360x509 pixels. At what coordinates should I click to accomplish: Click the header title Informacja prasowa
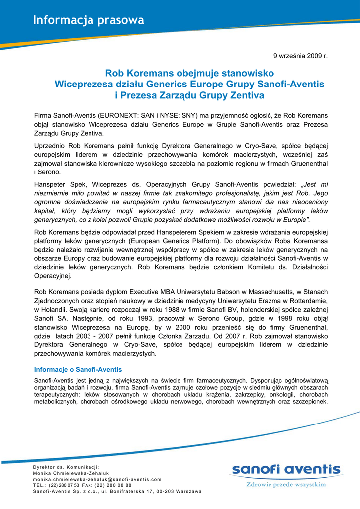[x=89, y=20]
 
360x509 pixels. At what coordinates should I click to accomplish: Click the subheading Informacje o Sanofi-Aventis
[x=78, y=370]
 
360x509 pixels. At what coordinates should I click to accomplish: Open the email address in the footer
[x=97, y=479]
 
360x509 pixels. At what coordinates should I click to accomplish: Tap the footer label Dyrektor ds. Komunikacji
[x=66, y=467]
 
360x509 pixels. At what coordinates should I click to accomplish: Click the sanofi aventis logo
[x=285, y=470]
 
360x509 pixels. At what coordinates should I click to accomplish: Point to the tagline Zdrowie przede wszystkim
[x=286, y=484]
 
